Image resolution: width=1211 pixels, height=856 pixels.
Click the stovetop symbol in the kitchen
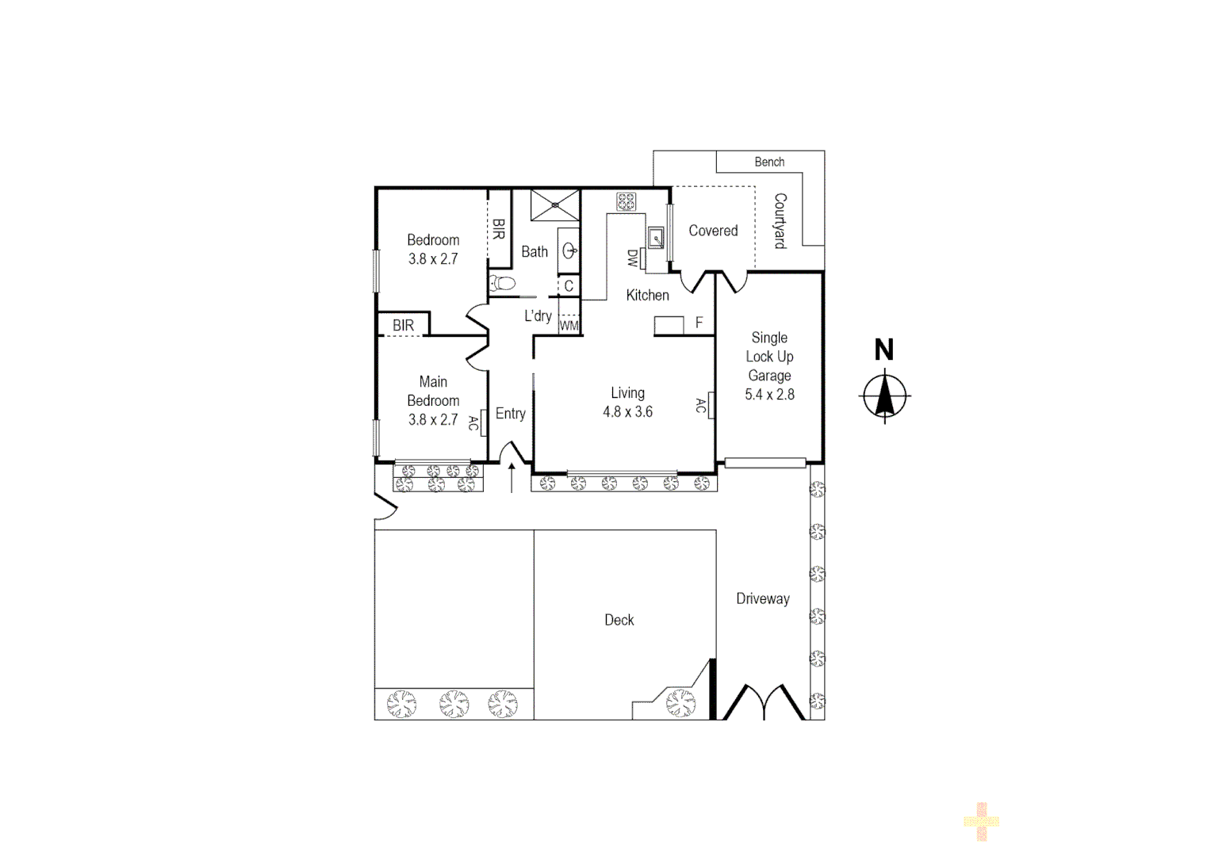click(x=626, y=201)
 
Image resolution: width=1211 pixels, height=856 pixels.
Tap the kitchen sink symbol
click(x=656, y=237)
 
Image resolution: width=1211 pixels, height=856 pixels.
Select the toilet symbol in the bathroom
click(x=503, y=283)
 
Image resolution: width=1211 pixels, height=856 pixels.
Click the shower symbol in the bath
click(x=555, y=204)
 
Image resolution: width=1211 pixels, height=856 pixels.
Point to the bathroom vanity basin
click(x=569, y=250)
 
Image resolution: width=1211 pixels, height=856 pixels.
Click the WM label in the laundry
click(x=569, y=326)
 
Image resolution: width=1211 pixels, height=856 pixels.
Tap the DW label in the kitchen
click(x=633, y=258)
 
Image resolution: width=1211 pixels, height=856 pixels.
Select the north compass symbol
click(x=885, y=394)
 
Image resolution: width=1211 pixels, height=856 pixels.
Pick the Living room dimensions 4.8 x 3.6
click(x=627, y=412)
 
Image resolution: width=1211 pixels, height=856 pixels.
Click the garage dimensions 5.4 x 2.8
click(x=769, y=395)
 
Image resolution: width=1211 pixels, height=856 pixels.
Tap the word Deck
click(x=619, y=621)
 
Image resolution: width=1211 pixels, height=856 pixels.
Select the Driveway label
click(x=762, y=599)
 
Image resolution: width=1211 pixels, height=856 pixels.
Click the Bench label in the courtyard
click(x=769, y=162)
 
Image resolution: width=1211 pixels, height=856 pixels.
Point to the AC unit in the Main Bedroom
click(x=483, y=423)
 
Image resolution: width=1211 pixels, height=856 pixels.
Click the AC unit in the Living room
click(x=711, y=405)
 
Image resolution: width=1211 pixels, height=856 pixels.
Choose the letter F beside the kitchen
click(x=699, y=323)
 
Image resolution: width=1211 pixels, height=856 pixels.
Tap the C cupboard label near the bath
click(x=569, y=286)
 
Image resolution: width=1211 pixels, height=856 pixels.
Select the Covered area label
click(x=713, y=231)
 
